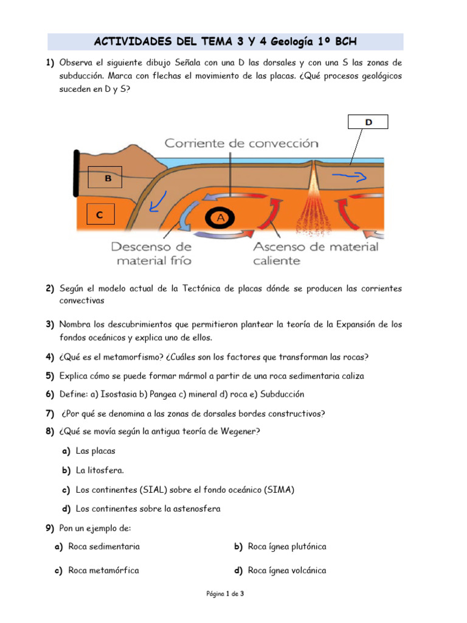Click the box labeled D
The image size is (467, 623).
pyautogui.click(x=368, y=122)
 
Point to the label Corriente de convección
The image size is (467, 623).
pyautogui.click(x=241, y=144)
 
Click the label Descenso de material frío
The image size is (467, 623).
pyautogui.click(x=151, y=254)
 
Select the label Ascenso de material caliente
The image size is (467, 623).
pyautogui.click(x=315, y=254)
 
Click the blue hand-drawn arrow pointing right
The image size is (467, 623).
pyautogui.click(x=349, y=177)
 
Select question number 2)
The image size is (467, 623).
pyautogui.click(x=50, y=288)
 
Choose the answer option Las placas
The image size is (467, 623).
pyautogui.click(x=95, y=451)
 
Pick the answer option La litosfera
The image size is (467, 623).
pyautogui.click(x=100, y=470)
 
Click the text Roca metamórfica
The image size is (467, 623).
pyautogui.click(x=103, y=570)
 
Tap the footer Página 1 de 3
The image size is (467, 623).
pyautogui.click(x=225, y=593)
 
